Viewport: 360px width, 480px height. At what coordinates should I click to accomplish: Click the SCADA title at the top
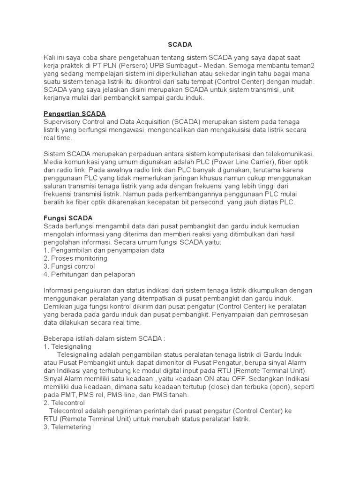click(x=180, y=45)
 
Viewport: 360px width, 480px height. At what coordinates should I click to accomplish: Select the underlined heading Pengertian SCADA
click(x=75, y=114)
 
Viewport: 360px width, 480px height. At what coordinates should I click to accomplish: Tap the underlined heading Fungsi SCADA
click(x=68, y=218)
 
